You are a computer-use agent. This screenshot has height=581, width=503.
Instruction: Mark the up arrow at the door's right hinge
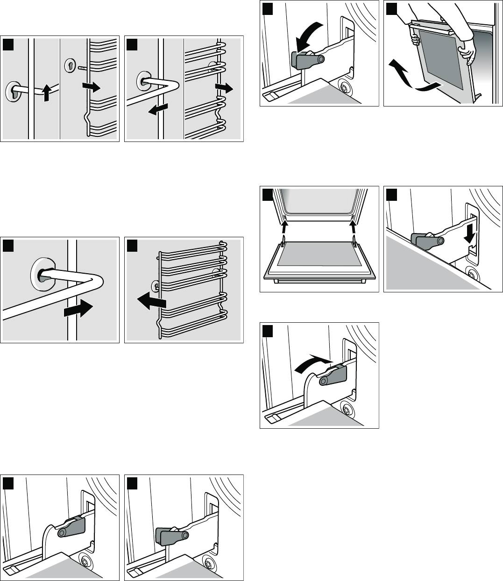354,228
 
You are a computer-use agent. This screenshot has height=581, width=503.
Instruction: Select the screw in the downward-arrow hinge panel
473,275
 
